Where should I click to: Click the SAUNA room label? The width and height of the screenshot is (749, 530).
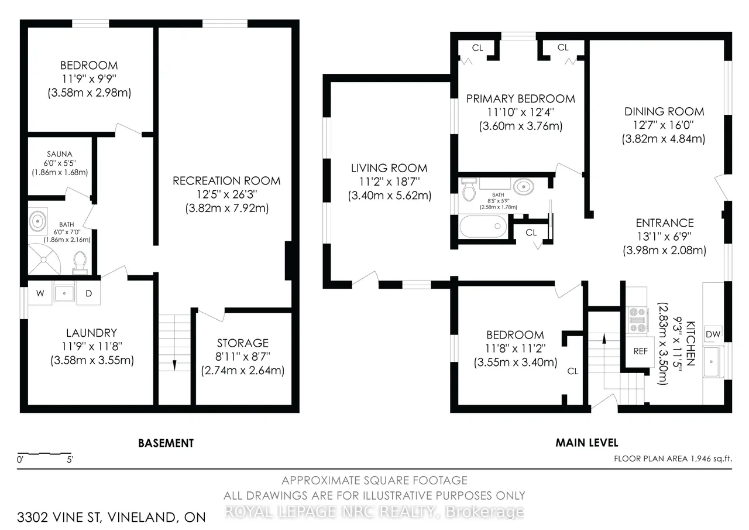pos(60,154)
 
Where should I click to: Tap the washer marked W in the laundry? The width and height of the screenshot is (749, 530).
pos(40,293)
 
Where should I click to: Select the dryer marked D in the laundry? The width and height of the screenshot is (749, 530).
pos(88,293)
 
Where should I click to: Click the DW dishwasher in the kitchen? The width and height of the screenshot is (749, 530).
pos(713,334)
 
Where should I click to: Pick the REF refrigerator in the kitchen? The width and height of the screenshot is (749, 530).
pos(640,351)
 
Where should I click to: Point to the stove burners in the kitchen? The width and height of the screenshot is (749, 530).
pos(637,320)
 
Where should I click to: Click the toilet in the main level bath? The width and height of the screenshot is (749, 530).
pos(469,189)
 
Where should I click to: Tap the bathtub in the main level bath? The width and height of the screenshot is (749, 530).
pos(483,227)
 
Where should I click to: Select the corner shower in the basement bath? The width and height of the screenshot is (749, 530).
pos(44,259)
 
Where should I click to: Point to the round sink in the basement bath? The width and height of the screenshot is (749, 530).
pos(37,221)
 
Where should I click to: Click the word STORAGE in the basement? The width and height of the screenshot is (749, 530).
pos(243,343)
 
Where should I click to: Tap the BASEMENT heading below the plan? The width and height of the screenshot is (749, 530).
pos(166,443)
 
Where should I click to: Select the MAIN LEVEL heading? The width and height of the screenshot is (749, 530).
pos(587,443)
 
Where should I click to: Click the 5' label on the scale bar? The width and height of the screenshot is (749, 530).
pos(70,459)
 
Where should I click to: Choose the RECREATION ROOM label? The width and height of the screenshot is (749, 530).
pos(226,181)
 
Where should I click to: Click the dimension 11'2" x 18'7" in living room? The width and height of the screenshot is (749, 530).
pos(389,182)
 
